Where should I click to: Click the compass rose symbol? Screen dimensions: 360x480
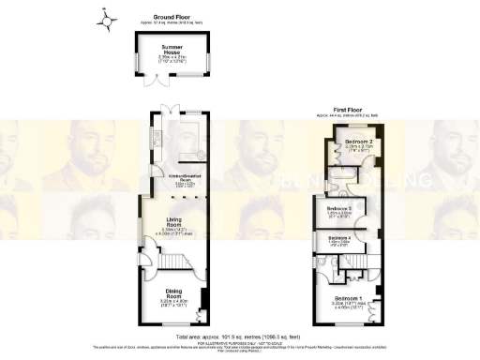coord(109,19)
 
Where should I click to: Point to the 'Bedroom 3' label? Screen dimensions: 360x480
coord(339,208)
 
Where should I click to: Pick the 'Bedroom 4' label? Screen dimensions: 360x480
coord(339,238)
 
